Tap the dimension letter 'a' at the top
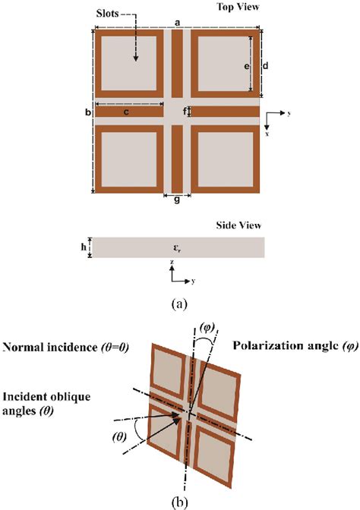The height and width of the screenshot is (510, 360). click(177, 24)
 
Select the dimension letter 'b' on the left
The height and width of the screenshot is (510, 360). click(88, 112)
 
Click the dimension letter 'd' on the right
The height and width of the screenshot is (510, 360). click(266, 65)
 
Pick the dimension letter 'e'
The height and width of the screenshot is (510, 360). click(247, 66)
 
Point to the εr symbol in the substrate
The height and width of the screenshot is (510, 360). click(178, 247)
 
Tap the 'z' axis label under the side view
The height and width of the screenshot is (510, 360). click(172, 262)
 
